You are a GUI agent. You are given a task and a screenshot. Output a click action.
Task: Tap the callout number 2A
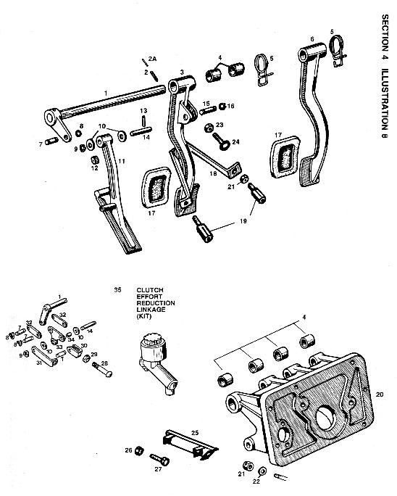pos(151,57)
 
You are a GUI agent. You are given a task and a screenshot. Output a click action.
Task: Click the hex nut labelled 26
pos(140,450)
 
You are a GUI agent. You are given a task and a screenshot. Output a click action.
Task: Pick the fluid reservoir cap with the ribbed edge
pos(150,339)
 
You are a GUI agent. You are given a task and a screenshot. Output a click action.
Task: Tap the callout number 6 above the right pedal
pos(312,38)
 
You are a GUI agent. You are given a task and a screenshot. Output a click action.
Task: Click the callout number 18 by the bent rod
pos(215,173)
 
